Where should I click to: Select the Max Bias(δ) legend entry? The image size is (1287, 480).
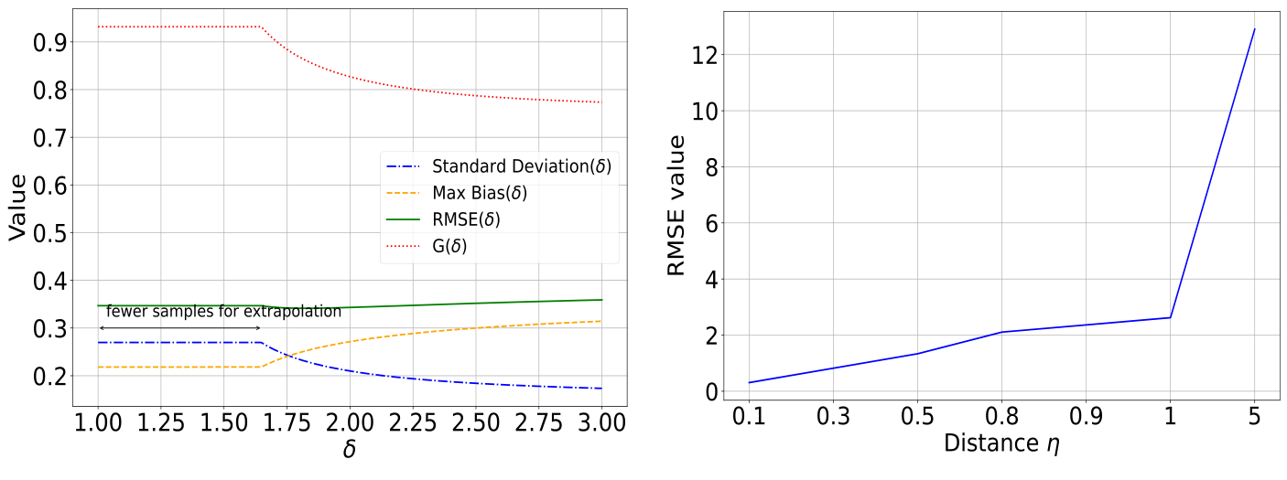point(479,194)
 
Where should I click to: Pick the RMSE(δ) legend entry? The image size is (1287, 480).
point(466,220)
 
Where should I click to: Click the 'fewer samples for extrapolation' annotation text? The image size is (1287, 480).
point(223,311)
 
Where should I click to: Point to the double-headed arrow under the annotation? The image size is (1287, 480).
point(180,327)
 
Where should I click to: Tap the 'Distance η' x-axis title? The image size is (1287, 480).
point(1001,446)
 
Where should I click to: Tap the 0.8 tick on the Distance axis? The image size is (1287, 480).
point(1001,417)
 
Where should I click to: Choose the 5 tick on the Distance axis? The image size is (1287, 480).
point(1254,417)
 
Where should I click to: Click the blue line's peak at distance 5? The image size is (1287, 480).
point(1254,29)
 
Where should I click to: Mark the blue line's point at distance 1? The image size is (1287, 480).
point(1170,317)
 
